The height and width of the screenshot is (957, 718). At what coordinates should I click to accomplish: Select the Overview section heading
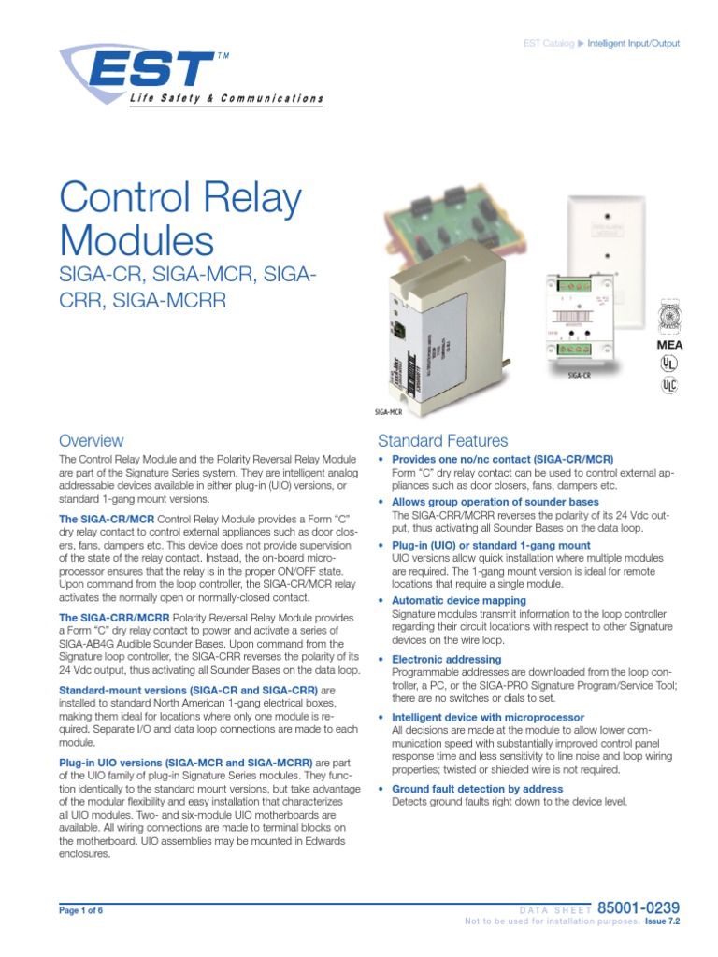pos(91,440)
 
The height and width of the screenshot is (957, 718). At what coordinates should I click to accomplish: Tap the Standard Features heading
pos(442,440)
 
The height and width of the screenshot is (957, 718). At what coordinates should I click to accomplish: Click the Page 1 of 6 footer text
pos(82,910)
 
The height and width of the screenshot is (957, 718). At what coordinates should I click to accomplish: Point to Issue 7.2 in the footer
pos(662,921)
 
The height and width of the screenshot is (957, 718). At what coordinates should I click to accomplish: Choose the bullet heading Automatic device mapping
pos(458,600)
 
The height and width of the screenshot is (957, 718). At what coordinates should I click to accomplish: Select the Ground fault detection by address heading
pos(477,789)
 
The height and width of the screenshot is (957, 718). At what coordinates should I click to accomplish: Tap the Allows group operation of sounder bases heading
pos(495,502)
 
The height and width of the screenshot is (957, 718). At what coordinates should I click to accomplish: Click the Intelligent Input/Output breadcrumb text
pos(637,44)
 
